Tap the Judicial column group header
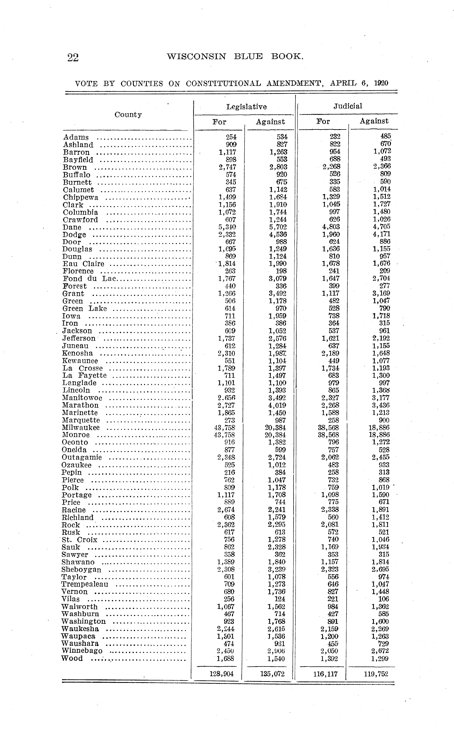point(348,106)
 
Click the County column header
point(128,114)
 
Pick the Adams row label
point(76,137)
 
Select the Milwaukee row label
point(81,428)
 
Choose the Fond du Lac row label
point(89,278)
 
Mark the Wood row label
point(72,658)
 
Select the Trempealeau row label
point(85,584)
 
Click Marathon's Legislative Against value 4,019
point(278,405)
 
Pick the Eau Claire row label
point(83,264)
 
